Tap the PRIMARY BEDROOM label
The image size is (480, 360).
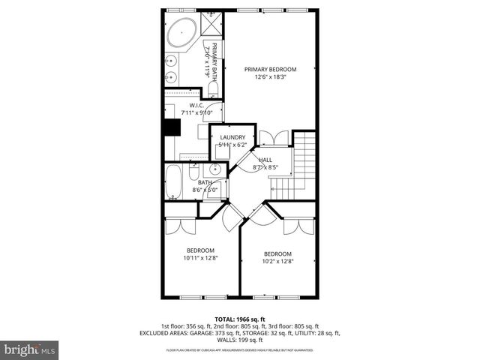(270, 69)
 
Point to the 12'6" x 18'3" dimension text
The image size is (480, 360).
(270, 76)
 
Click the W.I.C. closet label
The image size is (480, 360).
(197, 106)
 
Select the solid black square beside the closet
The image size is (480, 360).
(172, 127)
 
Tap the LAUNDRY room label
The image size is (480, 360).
(232, 137)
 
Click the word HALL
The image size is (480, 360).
(265, 160)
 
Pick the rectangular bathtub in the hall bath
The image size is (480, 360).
(173, 183)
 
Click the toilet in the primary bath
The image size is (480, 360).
(212, 90)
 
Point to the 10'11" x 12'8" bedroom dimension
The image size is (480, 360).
(200, 258)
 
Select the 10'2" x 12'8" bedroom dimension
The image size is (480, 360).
(277, 261)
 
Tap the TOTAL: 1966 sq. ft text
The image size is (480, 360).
(240, 319)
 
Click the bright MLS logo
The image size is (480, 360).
(30, 349)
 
